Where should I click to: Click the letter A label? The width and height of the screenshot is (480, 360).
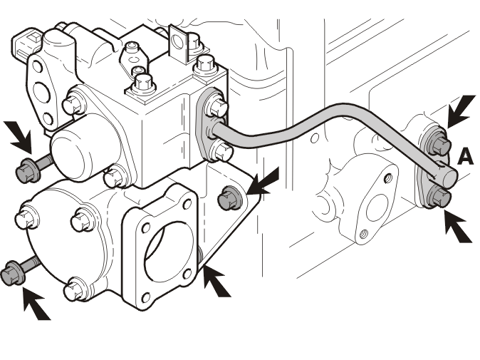tap(466, 157)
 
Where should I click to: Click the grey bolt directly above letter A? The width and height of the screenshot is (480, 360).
tap(440, 144)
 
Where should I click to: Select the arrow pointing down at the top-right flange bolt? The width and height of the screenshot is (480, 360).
tap(461, 110)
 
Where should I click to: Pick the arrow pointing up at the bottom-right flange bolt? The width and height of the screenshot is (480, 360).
tap(458, 227)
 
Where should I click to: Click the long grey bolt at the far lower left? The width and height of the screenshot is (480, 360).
tap(19, 269)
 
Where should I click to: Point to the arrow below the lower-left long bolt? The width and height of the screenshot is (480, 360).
tap(36, 304)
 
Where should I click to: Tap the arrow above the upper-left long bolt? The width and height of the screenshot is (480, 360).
tap(19, 137)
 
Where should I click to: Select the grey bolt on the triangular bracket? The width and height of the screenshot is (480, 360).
tap(229, 197)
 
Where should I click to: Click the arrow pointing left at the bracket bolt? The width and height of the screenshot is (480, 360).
tap(264, 182)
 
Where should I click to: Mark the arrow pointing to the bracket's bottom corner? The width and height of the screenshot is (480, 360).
tap(216, 281)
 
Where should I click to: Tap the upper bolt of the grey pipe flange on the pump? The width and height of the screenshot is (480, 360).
tap(216, 106)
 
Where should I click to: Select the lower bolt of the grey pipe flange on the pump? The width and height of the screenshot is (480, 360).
tap(221, 150)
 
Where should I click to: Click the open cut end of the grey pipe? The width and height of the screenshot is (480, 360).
tap(449, 178)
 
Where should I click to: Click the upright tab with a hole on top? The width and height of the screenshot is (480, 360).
tap(178, 43)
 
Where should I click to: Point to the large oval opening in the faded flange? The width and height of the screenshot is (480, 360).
tap(376, 208)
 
